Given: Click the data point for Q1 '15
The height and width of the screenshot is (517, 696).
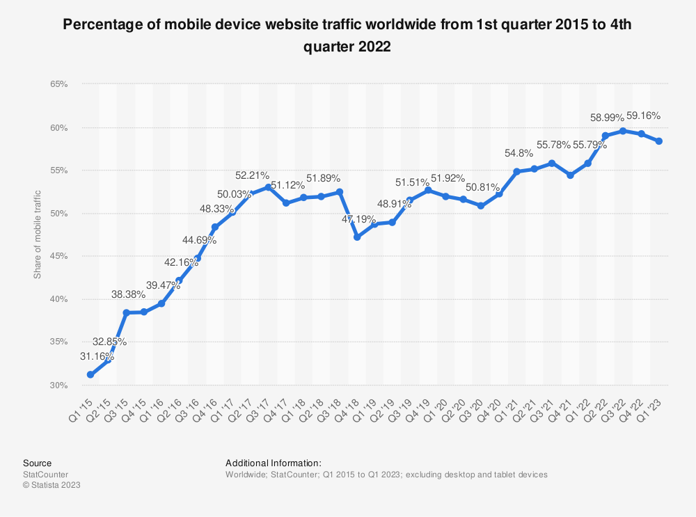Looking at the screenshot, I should click(x=90, y=374).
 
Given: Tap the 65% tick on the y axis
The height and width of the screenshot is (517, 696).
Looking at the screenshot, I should click(x=58, y=84).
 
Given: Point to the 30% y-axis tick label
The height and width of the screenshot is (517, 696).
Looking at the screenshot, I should click(x=58, y=385).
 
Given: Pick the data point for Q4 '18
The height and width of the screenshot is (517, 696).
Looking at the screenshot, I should click(x=357, y=237).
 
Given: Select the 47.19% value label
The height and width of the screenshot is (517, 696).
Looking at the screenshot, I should click(x=358, y=219).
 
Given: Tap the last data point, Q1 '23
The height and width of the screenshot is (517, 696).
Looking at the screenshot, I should click(x=658, y=141).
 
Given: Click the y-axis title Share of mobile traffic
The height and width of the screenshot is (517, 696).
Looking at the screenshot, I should click(x=38, y=234).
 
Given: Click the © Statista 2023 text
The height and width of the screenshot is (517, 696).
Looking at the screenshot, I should click(x=52, y=485).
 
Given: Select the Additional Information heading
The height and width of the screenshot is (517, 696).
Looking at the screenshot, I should click(x=273, y=463).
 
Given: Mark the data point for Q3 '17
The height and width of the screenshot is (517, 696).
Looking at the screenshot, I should click(x=268, y=187).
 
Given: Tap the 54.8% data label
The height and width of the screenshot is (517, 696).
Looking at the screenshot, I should click(x=517, y=153).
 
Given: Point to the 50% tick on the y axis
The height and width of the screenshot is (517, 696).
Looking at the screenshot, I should click(x=58, y=214).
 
